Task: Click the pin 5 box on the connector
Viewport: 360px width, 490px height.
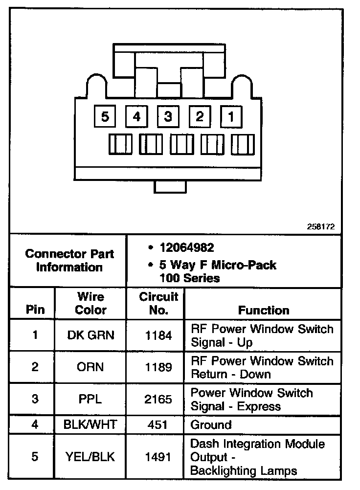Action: [x=105, y=117]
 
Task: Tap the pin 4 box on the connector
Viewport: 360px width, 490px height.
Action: [x=136, y=117]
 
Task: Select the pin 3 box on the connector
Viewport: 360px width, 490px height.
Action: [x=168, y=117]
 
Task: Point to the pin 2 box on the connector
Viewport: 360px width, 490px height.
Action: [x=199, y=117]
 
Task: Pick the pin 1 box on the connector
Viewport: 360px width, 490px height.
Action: [x=231, y=117]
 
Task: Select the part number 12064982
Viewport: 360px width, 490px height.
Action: [x=186, y=248]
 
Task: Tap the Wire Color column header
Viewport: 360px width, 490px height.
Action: [x=91, y=303]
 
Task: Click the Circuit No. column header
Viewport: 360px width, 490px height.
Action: [x=158, y=303]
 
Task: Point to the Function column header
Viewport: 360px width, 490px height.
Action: [x=264, y=310]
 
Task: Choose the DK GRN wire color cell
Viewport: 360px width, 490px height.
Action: [x=90, y=335]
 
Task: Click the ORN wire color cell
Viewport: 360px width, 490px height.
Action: [x=90, y=367]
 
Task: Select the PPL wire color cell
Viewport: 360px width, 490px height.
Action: [x=90, y=399]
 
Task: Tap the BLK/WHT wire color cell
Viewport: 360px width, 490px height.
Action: [x=90, y=424]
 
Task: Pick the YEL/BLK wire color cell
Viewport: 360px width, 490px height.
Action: [x=90, y=457]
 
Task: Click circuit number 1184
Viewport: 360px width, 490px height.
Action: [x=158, y=335]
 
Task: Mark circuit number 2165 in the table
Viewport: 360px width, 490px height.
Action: [x=158, y=399]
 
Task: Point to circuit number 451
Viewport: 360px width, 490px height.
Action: [x=158, y=424]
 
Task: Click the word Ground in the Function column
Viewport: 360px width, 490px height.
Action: [x=211, y=424]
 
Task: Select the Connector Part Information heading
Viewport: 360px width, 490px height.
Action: [x=69, y=261]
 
